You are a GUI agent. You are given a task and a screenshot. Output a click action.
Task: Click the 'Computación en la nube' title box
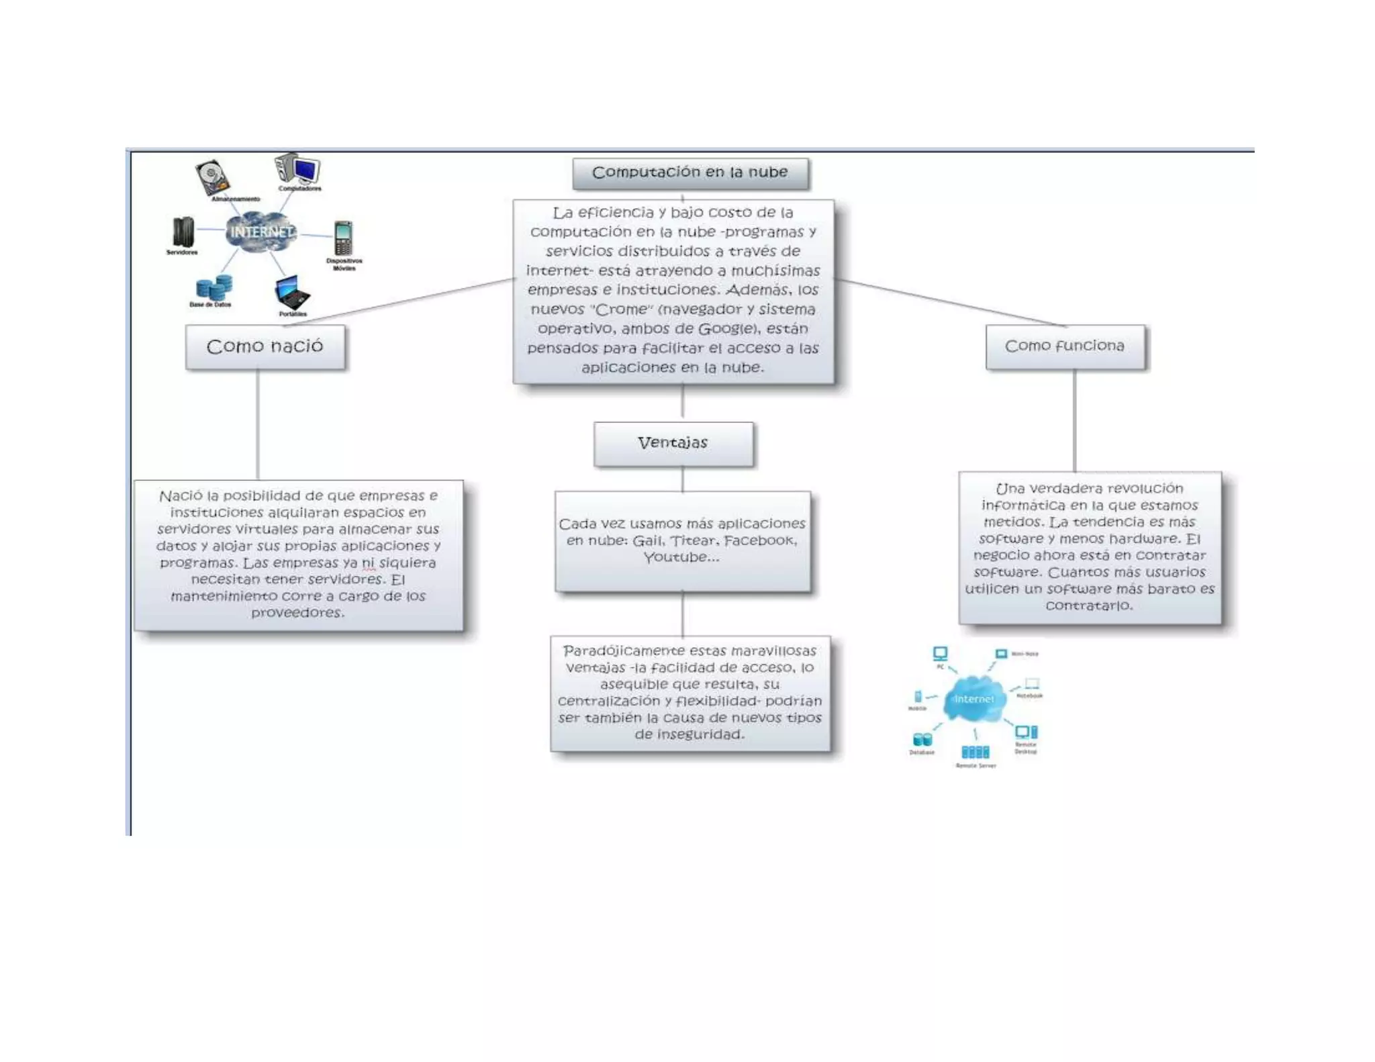[690, 173]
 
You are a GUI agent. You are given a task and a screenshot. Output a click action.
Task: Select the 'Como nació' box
[265, 346]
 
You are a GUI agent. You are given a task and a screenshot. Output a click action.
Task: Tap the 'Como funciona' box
[1064, 346]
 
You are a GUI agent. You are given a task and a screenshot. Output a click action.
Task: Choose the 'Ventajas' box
[673, 443]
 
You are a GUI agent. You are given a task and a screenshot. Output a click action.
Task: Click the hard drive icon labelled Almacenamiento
[212, 177]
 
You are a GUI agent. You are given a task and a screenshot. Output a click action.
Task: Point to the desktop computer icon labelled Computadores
[298, 169]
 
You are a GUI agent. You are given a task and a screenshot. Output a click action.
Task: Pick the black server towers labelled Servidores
[183, 232]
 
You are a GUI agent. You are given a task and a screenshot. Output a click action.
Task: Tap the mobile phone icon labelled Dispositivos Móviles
[343, 238]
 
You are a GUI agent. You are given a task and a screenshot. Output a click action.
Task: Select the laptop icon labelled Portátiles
[291, 293]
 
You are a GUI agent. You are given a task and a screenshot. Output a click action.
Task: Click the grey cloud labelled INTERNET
[260, 232]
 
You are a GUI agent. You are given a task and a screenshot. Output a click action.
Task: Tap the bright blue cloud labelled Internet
[974, 699]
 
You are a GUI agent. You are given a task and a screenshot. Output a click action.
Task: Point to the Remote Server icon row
[975, 752]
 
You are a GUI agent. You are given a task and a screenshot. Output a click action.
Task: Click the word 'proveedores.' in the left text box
[297, 612]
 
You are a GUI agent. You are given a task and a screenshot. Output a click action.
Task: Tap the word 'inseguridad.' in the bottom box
[690, 734]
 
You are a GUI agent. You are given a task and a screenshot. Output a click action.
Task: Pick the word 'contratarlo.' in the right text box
[1089, 606]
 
